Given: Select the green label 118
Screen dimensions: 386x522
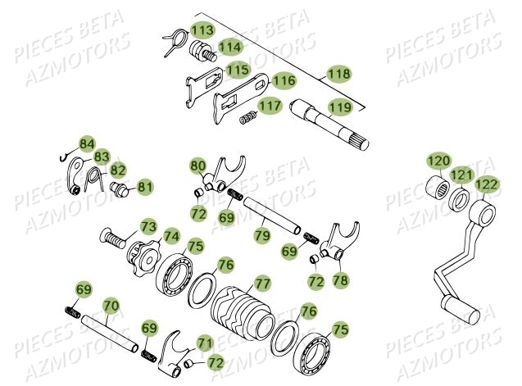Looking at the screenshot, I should pyautogui.click(x=338, y=73).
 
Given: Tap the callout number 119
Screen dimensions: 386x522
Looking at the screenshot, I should pyautogui.click(x=338, y=106).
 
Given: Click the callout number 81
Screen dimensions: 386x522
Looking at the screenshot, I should pyautogui.click(x=145, y=187).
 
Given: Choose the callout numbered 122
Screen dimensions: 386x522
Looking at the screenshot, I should pyautogui.click(x=487, y=185).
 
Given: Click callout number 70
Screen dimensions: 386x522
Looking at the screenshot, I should pyautogui.click(x=111, y=305).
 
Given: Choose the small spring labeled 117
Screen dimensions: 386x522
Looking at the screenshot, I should pyautogui.click(x=246, y=118).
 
